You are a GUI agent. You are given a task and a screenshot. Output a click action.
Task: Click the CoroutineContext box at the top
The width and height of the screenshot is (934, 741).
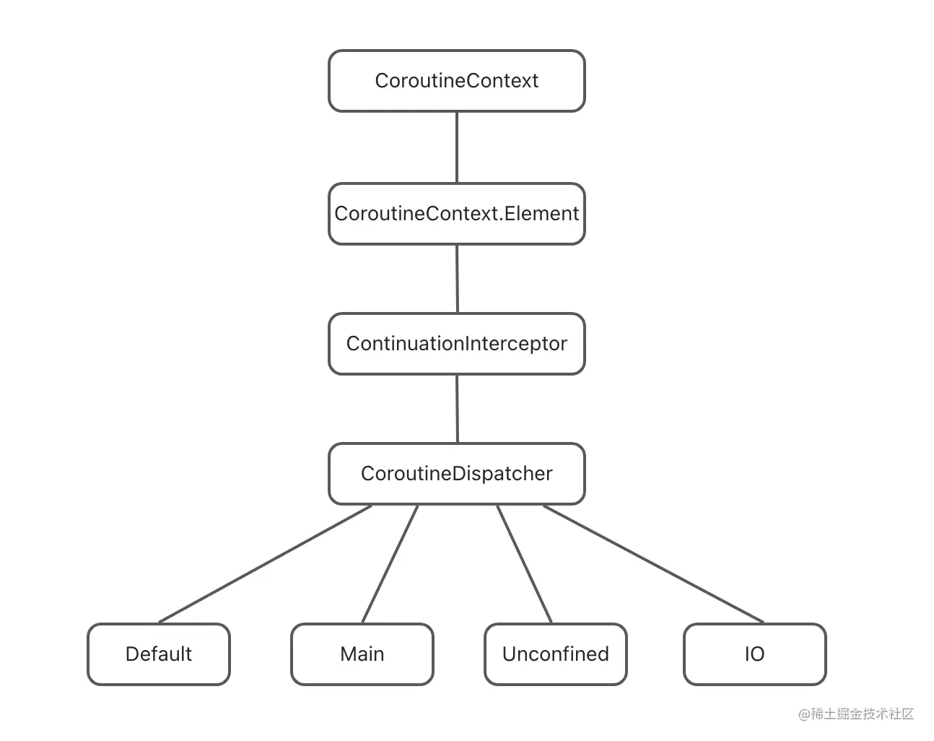click(456, 81)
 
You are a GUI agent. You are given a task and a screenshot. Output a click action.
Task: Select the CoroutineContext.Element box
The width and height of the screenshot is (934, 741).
click(456, 214)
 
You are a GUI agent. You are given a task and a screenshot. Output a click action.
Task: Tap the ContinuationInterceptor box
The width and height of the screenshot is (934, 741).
click(456, 344)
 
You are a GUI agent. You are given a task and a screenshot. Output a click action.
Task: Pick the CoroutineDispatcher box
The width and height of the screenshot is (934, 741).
click(456, 474)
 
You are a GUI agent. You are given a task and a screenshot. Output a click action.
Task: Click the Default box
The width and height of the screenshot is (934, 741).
click(159, 654)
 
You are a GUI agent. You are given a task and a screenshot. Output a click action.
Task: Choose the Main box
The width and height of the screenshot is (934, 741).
click(362, 654)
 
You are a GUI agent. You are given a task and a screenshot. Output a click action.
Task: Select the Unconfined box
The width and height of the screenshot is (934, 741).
click(556, 654)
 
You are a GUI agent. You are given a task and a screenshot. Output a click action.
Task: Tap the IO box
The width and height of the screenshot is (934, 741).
click(754, 654)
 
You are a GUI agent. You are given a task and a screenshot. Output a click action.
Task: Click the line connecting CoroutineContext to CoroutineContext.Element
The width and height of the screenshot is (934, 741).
click(457, 147)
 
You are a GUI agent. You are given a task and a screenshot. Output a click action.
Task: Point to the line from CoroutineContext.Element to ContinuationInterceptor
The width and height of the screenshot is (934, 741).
click(457, 279)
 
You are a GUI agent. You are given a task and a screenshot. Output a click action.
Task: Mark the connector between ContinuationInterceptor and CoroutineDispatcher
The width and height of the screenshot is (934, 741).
click(457, 409)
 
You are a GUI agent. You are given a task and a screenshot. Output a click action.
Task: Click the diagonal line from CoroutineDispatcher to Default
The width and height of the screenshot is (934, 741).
click(265, 564)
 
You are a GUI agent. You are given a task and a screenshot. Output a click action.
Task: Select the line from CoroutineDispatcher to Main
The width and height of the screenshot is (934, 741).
click(390, 564)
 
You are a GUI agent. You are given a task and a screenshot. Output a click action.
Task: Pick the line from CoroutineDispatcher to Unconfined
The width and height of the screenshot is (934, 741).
click(524, 564)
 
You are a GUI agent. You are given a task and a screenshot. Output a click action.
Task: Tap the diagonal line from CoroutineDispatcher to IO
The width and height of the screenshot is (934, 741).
click(653, 564)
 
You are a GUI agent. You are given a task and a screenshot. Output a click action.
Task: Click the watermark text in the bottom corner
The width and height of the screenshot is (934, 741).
click(856, 714)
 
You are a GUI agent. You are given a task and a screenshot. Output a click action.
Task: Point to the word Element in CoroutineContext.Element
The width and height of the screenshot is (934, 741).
click(541, 214)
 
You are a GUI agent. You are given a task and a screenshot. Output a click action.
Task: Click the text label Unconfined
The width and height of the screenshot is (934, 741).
click(556, 654)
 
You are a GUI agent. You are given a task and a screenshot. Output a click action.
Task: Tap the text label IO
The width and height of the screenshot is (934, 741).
click(754, 654)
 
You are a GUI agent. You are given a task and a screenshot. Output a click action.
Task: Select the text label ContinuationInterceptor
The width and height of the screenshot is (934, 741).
click(456, 344)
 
